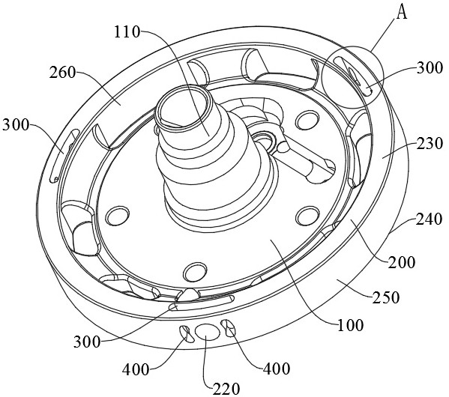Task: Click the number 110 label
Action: point(127,32)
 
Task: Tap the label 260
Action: point(62,73)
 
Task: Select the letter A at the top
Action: point(402,13)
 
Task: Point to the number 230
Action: point(430,143)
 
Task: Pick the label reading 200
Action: point(401,262)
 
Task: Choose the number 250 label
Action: point(385,297)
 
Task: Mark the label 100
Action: point(350,325)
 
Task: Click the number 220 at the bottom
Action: point(226,389)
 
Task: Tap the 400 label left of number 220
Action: point(136,370)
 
